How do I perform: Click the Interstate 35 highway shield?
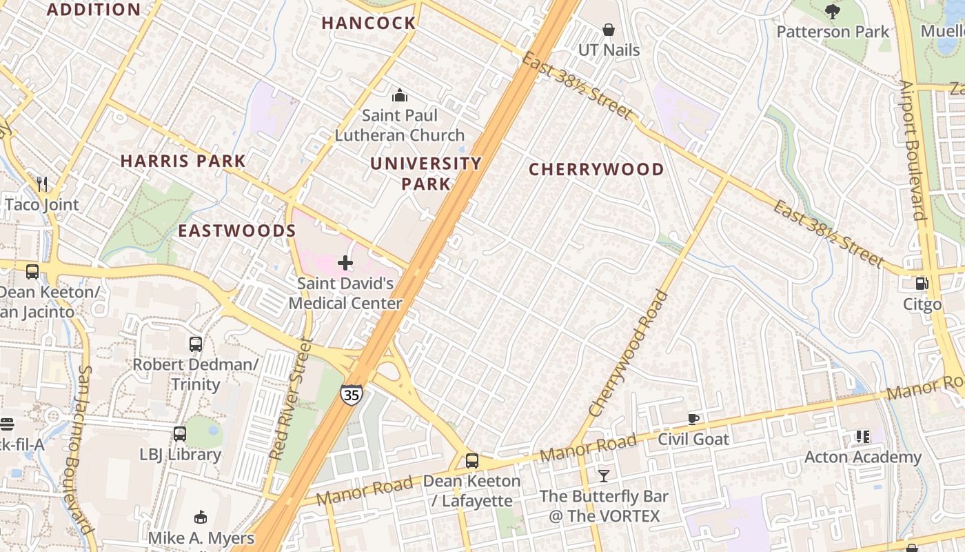tap(350, 395)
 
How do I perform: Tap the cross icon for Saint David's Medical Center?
tap(345, 263)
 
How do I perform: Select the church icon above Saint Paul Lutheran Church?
tap(399, 95)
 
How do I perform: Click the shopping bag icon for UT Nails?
tap(609, 30)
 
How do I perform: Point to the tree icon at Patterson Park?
tap(833, 11)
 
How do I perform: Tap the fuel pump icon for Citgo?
tap(922, 283)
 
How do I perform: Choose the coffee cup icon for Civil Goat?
tap(693, 419)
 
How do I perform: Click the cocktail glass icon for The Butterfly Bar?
tap(604, 475)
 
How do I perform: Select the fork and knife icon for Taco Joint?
tap(42, 184)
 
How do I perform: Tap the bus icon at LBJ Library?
tap(180, 434)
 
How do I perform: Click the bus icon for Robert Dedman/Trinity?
tap(196, 344)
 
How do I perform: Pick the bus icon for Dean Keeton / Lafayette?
tap(472, 460)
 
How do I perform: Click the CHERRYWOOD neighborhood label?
tap(596, 170)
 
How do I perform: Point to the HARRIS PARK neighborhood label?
tap(183, 161)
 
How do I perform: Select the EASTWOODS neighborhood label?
tap(237, 231)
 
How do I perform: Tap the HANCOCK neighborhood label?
tap(369, 23)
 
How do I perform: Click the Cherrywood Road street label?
tap(629, 354)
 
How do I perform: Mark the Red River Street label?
tap(287, 399)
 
